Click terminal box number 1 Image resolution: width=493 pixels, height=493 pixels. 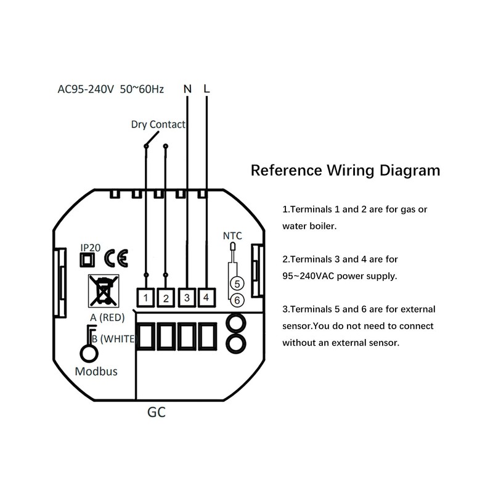pos(145,298)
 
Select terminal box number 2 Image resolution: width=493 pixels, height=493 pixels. pos(166,298)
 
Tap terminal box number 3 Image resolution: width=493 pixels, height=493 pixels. pos(187,298)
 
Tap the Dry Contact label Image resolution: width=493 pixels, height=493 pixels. pos(158,124)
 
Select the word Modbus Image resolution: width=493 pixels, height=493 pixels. pos(96,372)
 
